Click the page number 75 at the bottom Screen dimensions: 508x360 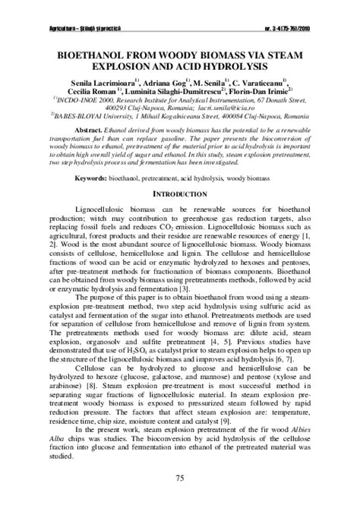tap(180, 477)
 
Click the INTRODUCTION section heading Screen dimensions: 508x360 tap(180, 194)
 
